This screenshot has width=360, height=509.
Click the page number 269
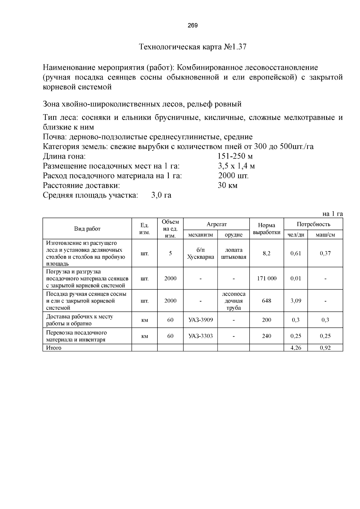(193, 25)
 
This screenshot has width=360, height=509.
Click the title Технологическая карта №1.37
(193, 47)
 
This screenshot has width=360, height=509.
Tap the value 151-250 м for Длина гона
(235, 156)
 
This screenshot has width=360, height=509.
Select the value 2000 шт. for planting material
(233, 176)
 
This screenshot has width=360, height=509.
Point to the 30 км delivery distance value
(227, 186)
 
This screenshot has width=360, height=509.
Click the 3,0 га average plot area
(161, 195)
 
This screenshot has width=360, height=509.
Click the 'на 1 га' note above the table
(332, 214)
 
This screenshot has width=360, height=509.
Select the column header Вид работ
(87, 229)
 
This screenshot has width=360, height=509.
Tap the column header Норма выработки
(266, 229)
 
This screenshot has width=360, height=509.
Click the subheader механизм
(200, 235)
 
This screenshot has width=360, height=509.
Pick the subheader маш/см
(325, 235)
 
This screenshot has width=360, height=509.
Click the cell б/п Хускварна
(200, 253)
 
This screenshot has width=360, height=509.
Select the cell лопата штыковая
(233, 253)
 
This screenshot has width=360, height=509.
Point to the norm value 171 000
(266, 278)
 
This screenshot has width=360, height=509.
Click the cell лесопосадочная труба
(233, 301)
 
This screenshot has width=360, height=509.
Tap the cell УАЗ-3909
(200, 320)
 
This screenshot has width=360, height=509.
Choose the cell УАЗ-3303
(200, 336)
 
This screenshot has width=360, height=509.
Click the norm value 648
(266, 301)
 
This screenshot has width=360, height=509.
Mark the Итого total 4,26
(295, 348)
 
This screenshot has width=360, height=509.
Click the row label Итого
(54, 348)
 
